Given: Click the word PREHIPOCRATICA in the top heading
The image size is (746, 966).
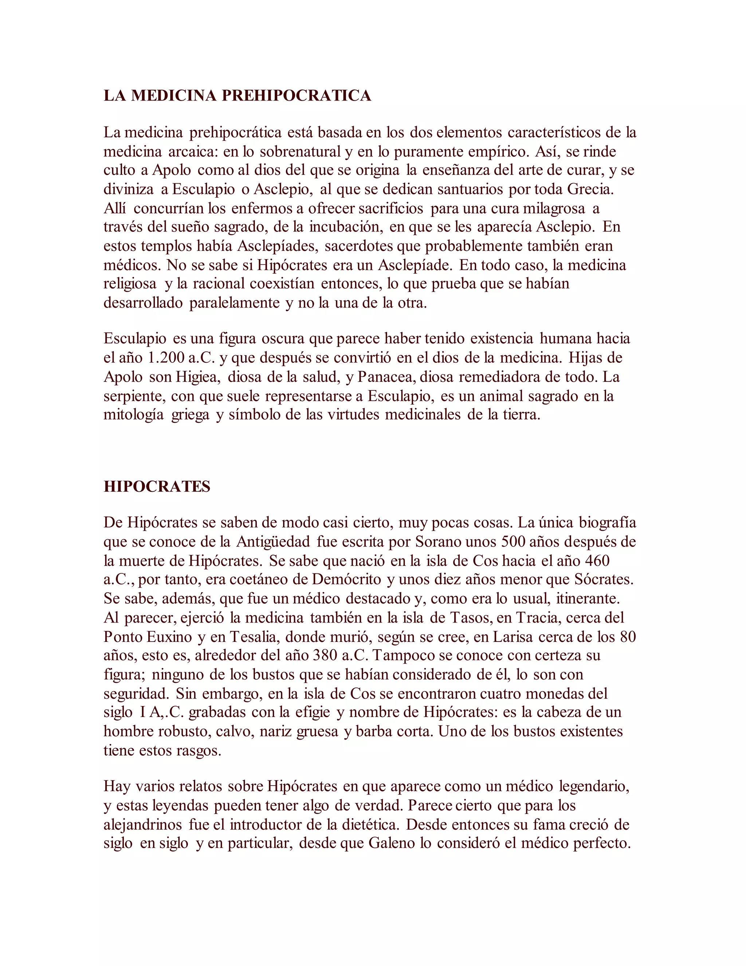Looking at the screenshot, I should click(296, 96).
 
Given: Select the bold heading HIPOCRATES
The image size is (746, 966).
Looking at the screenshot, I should click(157, 487).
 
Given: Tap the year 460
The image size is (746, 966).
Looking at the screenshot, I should click(597, 561).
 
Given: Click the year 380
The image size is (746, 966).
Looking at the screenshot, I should click(325, 655).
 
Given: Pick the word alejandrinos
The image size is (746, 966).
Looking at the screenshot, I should click(143, 825).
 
